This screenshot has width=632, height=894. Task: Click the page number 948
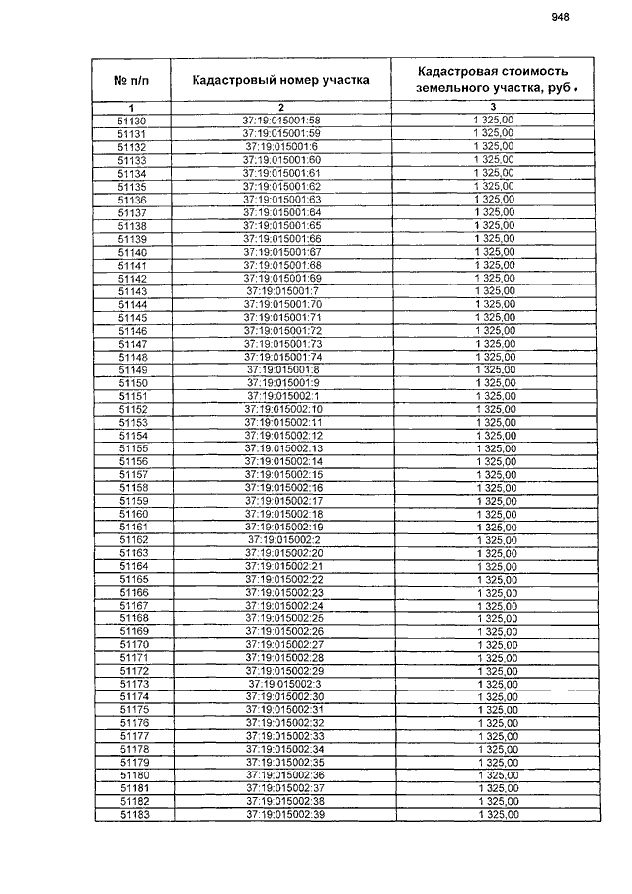click(x=561, y=17)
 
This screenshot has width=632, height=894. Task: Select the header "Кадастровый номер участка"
click(x=280, y=80)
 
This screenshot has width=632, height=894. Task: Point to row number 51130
click(x=131, y=121)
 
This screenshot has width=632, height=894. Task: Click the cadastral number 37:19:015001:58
click(x=281, y=121)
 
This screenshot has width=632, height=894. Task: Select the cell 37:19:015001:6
click(x=281, y=147)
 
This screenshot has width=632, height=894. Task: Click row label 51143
click(x=132, y=291)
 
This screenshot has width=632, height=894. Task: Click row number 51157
click(x=133, y=475)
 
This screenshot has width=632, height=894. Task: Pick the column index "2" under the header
click(x=280, y=107)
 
